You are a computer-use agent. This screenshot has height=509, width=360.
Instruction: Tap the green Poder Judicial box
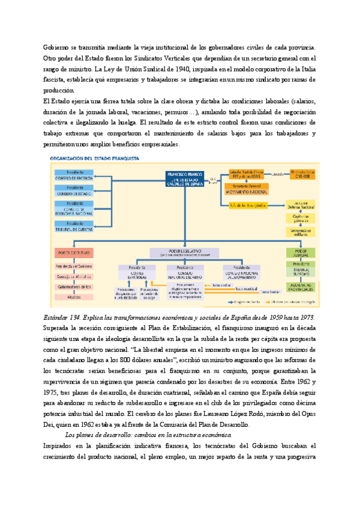click(301, 251)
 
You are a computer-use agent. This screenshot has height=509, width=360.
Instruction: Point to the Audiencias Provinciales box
click(301, 288)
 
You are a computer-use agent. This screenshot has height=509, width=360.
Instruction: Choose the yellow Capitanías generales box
click(301, 219)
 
